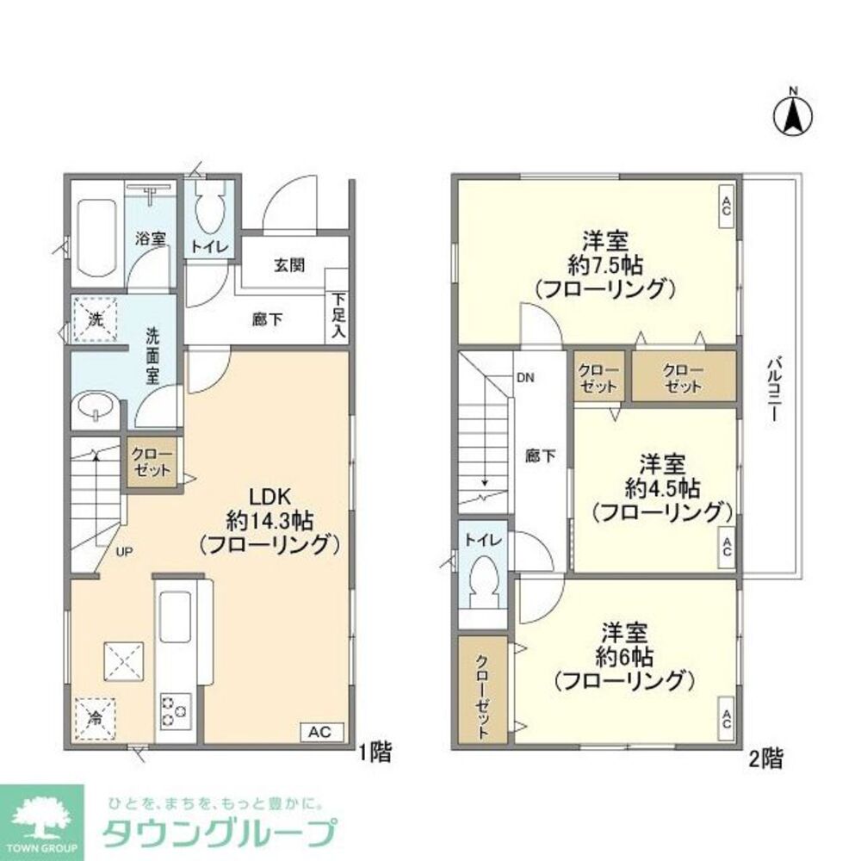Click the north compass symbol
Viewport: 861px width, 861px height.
pos(794,115)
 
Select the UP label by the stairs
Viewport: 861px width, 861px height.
pos(124,552)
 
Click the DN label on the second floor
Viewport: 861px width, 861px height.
pos(525,377)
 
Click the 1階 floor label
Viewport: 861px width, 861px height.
pos(375,754)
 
